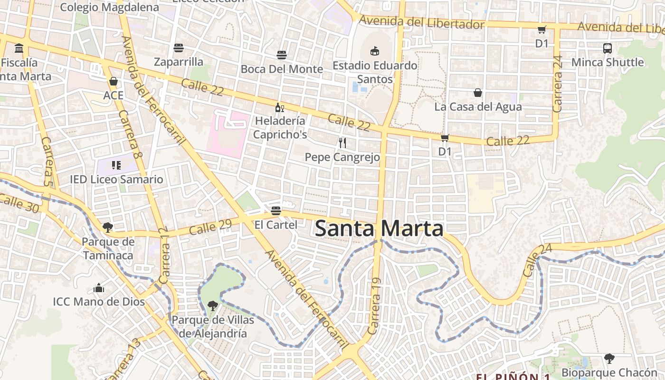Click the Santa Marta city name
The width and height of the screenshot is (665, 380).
point(379,228)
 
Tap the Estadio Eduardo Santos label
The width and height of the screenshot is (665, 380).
point(375,72)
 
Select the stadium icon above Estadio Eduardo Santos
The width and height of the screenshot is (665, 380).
point(375,50)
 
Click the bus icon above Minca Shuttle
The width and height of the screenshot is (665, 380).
point(608,48)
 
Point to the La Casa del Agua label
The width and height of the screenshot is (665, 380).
point(478,107)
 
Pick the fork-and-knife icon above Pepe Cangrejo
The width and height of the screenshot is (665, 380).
point(342,142)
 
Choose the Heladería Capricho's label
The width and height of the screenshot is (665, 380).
point(280,128)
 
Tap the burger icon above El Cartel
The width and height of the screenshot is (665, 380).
point(276,210)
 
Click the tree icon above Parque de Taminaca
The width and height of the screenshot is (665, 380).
point(108,228)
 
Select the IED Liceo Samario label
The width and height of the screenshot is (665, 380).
point(116,180)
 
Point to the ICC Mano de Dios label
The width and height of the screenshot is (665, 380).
point(99,302)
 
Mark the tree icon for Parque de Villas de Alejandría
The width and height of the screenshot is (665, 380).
point(212,305)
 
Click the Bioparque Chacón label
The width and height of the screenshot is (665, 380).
point(609,372)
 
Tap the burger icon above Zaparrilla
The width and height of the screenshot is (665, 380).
point(179,48)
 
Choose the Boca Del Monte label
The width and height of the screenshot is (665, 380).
point(282,69)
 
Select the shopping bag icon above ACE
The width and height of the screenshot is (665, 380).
point(113,81)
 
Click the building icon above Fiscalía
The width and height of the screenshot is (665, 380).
point(19,48)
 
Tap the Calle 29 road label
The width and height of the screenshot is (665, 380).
point(210,227)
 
